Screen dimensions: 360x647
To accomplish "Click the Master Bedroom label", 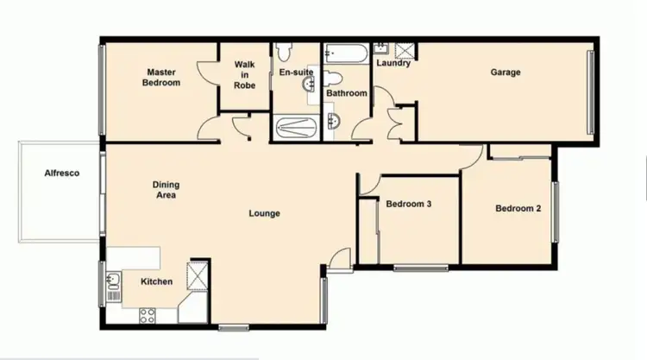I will [162, 78].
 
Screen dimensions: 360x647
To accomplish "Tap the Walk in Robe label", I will [245, 74].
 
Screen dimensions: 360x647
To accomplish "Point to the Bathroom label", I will [349, 93].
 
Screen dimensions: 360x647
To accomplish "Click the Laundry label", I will [393, 63].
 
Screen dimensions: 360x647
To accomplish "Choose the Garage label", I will [506, 73].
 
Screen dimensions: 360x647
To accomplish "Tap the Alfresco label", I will [62, 174].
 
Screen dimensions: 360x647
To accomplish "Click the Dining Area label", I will [165, 190].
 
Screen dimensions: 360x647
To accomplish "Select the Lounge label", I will [264, 213].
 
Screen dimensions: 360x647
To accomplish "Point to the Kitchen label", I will [157, 282].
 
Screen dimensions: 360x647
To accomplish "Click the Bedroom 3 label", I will [409, 205].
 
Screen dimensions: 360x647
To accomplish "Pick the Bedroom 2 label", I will [518, 208].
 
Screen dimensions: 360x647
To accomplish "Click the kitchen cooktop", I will [144, 316].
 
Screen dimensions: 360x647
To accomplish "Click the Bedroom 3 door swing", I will [369, 183].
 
